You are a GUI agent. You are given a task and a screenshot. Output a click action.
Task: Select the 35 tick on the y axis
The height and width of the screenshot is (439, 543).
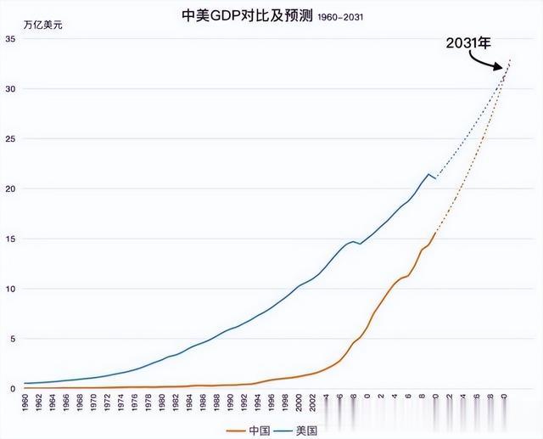11,39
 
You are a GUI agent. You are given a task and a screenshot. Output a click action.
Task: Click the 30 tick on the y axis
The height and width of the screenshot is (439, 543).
11,89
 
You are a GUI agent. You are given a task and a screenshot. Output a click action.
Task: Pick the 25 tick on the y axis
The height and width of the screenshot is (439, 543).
11,138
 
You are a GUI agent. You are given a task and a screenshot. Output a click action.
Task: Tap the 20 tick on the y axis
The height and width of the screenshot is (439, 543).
11,189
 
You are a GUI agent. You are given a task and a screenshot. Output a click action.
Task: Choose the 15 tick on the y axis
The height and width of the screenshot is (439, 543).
11,239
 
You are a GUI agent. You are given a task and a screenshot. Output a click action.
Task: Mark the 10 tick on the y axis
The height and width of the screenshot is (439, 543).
11,289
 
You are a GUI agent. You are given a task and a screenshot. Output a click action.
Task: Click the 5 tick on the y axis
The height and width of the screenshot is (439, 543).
13,339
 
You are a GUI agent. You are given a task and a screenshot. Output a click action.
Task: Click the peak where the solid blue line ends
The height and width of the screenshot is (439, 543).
429,174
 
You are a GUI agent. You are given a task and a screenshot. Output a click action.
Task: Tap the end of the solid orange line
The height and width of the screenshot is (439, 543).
436,233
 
